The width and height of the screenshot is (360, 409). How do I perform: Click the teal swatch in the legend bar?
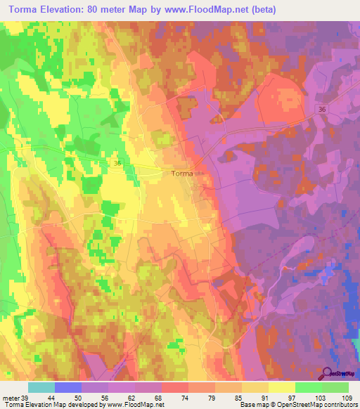tap(41, 387)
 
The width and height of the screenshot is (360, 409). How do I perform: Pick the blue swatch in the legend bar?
tap(68, 387)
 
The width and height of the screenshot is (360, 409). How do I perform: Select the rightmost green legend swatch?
tap(335, 387)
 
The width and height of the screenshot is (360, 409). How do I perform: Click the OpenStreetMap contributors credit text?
tap(323, 405)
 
